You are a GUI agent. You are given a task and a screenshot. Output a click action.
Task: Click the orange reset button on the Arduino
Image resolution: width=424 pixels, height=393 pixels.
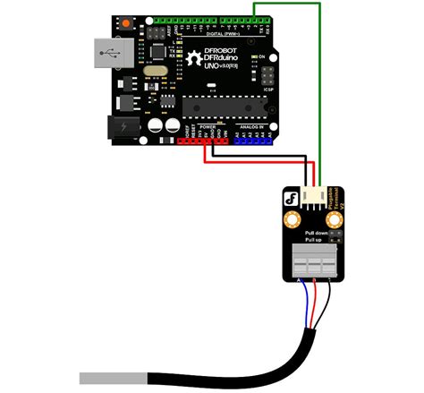click(x=124, y=22)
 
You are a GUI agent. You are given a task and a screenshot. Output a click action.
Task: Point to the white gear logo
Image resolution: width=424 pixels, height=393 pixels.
click(x=194, y=61)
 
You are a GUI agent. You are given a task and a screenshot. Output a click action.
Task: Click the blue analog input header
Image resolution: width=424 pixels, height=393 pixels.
click(x=255, y=141)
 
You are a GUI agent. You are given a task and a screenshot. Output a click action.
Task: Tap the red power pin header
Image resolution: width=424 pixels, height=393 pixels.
click(x=202, y=141)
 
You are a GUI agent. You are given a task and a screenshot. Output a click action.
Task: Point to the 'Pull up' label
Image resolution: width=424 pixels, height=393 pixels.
click(x=314, y=242)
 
